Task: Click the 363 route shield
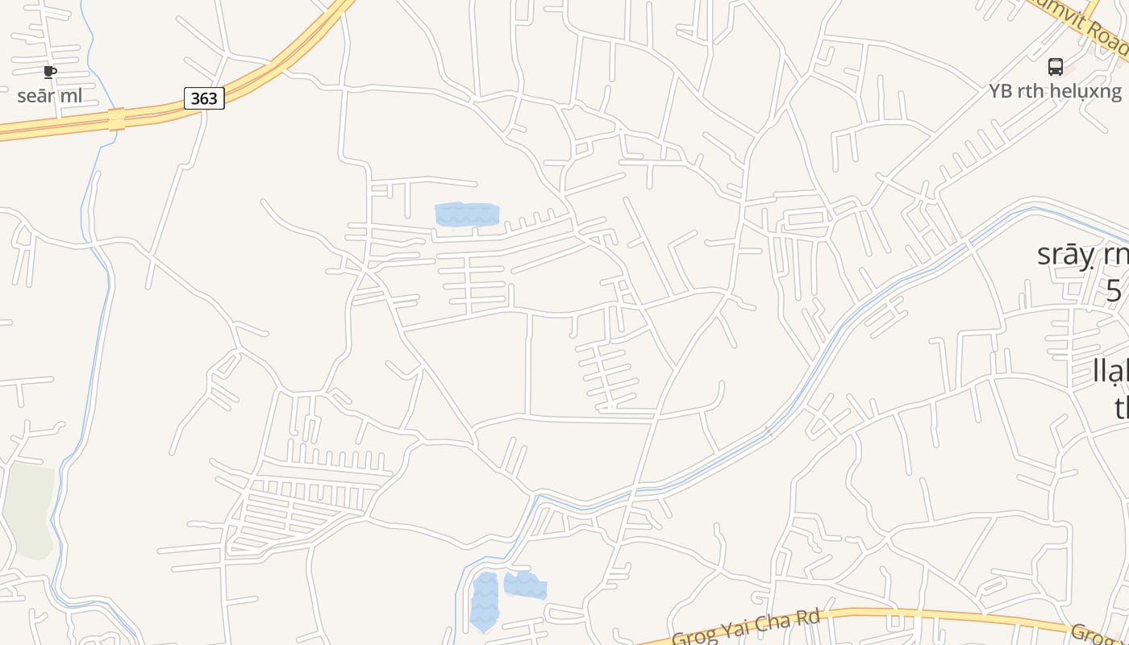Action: (204, 98)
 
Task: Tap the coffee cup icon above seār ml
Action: (50, 72)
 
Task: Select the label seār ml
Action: (50, 96)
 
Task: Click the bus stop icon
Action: (1055, 67)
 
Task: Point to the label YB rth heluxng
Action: (1055, 91)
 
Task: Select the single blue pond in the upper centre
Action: (467, 214)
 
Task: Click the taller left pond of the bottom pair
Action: (484, 601)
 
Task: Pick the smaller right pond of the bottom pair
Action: (525, 585)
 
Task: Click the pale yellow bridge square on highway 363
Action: (117, 119)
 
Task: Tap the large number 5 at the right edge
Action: (1114, 290)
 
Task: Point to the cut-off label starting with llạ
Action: (1110, 372)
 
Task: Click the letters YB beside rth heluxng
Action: (1001, 91)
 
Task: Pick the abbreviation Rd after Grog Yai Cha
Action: (807, 618)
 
